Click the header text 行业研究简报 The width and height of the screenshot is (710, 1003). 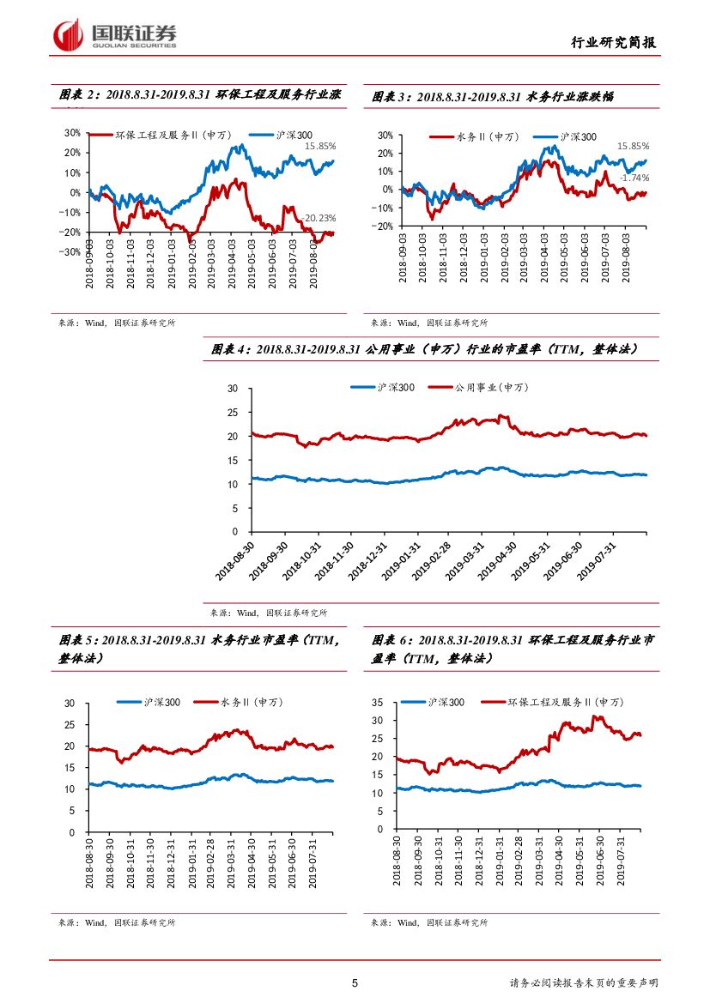pyautogui.click(x=615, y=43)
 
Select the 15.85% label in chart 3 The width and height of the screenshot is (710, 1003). pyautogui.click(x=634, y=146)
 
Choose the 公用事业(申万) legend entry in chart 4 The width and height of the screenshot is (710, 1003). pyautogui.click(x=490, y=388)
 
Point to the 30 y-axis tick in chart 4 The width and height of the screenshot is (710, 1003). pyautogui.click(x=231, y=389)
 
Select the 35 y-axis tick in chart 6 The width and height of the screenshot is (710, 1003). pyautogui.click(x=375, y=703)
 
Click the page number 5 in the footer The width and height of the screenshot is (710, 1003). pyautogui.click(x=355, y=983)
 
